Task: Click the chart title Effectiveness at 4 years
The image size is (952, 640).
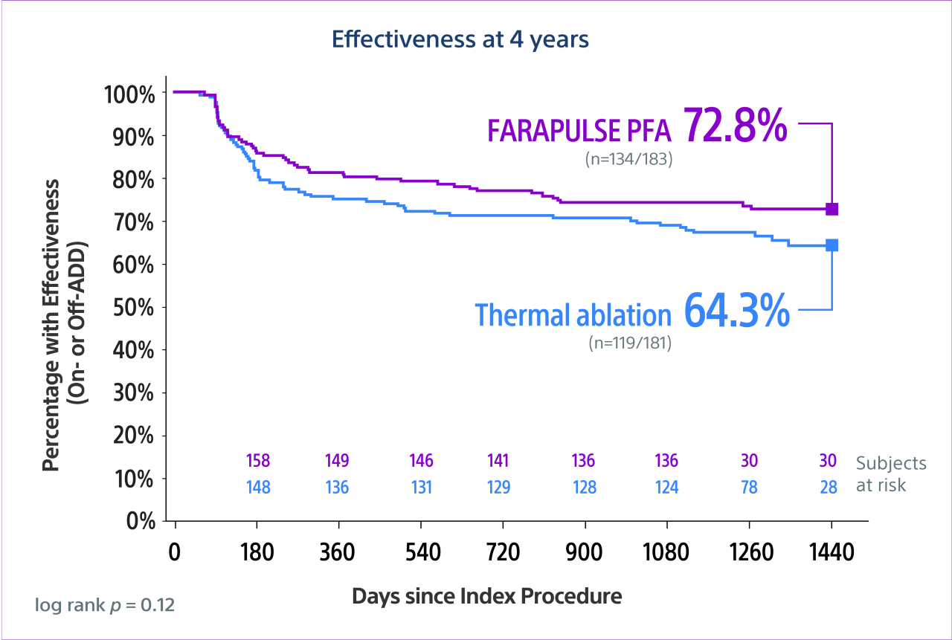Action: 460,39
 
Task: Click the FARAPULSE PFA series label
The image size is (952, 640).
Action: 579,131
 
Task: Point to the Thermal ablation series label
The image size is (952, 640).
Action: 573,315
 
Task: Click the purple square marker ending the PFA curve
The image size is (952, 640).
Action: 832,209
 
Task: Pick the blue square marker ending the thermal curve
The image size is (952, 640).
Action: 832,245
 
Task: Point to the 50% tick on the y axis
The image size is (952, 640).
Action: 134,307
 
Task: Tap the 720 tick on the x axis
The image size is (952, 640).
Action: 504,554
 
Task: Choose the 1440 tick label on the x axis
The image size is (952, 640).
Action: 832,554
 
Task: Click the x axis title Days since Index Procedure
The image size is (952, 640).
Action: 486,596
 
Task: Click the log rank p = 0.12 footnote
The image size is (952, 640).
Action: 105,605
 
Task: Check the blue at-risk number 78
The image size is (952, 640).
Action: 749,488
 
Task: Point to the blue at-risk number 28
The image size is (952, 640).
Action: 828,488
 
